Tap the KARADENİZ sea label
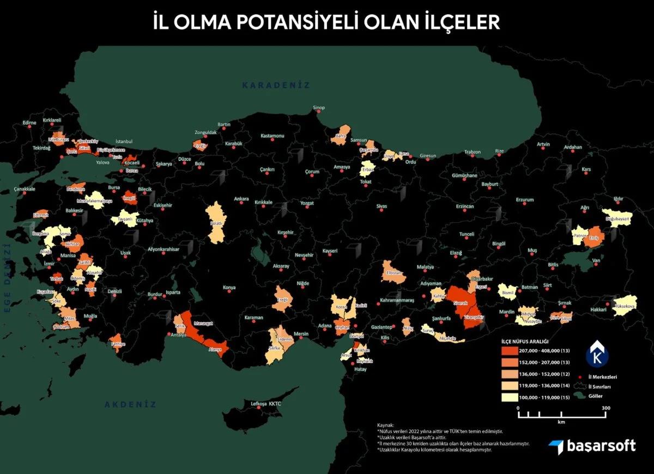276,86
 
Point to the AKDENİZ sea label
130,404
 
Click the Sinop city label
318,108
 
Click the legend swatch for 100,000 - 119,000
508,397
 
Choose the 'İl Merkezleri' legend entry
605,376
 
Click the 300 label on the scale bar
605,408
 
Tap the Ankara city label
241,199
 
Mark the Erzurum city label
524,200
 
